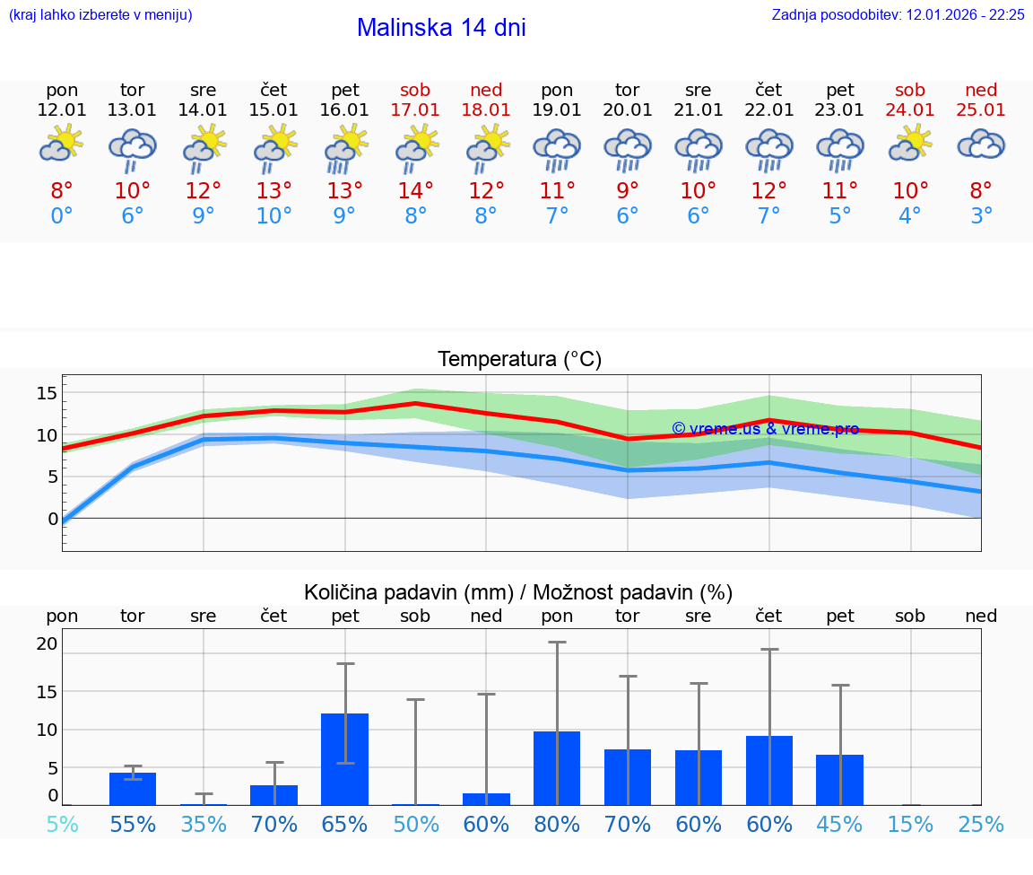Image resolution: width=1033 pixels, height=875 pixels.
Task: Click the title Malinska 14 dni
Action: pos(441,28)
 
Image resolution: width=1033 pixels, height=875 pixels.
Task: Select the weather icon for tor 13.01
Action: pos(133,149)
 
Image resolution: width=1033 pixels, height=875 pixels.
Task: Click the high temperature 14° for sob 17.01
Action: pos(415,191)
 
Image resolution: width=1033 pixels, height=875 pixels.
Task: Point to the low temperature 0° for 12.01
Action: pos(62,216)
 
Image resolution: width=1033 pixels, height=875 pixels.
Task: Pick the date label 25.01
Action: pos(981,110)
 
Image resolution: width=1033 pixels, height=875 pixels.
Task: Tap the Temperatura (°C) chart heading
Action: pos(519,360)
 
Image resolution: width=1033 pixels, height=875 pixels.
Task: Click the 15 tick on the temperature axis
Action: pos(48,393)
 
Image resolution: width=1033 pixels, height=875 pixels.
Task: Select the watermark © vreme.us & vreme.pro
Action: pos(765,429)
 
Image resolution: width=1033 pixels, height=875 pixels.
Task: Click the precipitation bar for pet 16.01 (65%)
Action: pos(345,759)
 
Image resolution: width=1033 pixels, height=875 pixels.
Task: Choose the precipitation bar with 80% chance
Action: pos(557,768)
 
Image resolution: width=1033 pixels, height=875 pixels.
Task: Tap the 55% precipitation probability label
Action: pos(133,825)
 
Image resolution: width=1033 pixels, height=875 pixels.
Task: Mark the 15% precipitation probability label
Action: pos(910,825)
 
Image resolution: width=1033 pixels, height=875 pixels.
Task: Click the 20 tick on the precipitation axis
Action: pos(48,643)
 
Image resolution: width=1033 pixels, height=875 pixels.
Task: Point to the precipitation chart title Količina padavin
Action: pos(518,592)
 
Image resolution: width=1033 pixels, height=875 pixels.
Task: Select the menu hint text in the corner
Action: pos(100,15)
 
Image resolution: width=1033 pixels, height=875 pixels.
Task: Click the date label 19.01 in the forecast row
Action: pos(557,110)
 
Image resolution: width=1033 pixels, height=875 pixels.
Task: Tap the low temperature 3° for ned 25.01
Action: pos(981,216)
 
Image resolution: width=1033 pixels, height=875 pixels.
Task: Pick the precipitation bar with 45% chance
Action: pos(839,780)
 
